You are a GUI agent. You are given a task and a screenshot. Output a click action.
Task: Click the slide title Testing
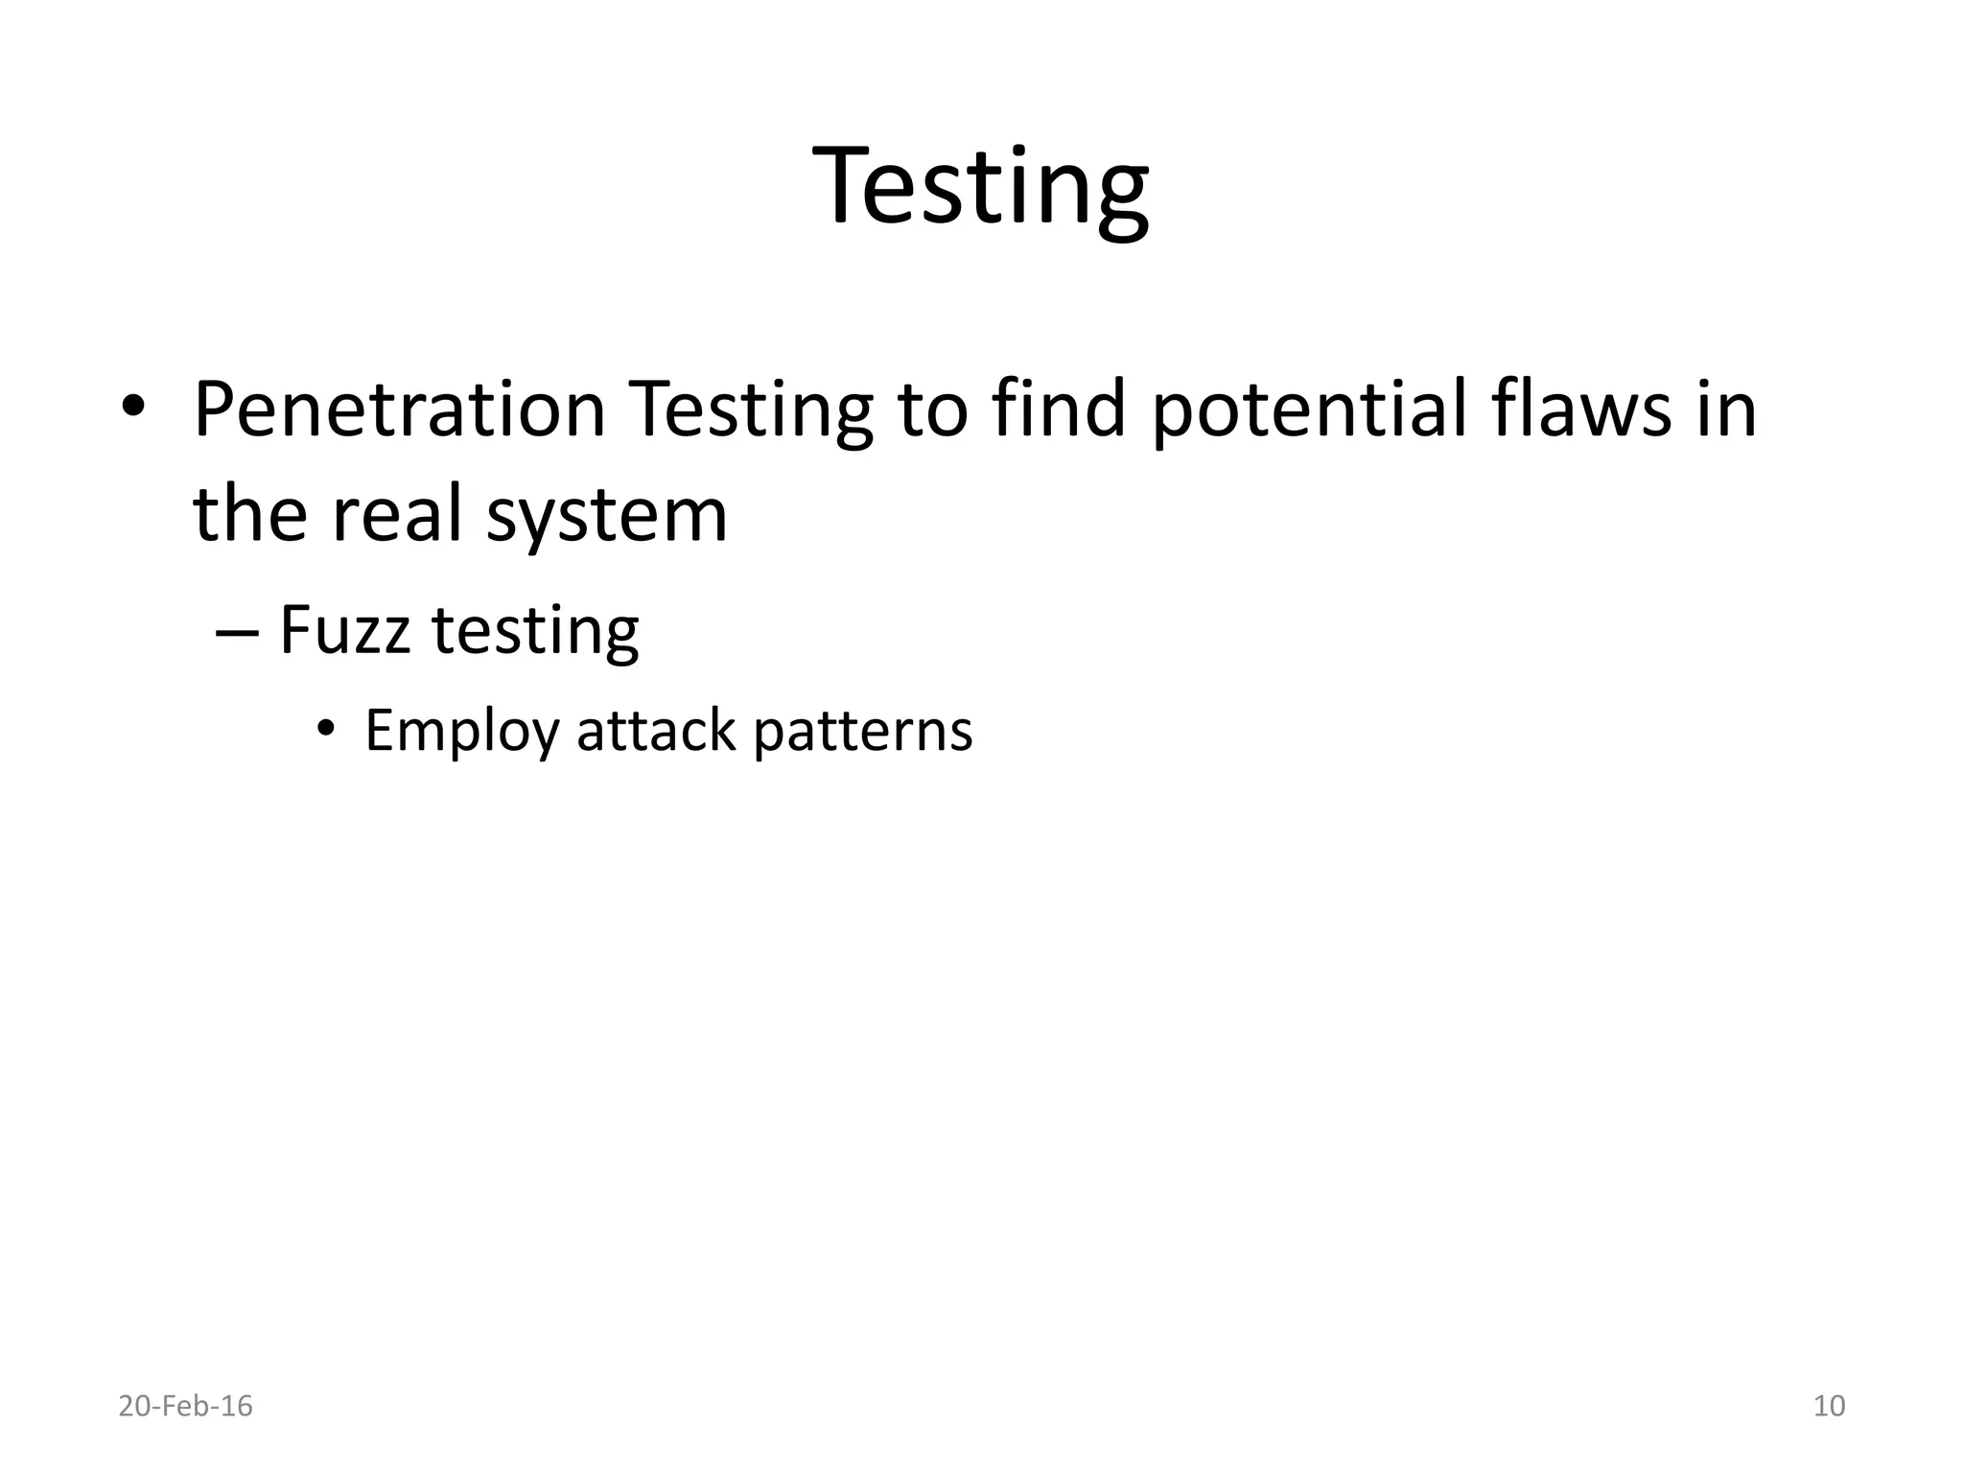click(980, 187)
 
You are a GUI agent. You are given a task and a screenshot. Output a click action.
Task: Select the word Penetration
click(399, 410)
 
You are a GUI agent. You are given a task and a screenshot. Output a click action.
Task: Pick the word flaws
click(1581, 410)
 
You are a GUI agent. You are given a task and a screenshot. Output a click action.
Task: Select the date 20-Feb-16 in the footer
click(185, 1406)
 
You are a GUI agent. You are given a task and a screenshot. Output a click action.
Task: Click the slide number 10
click(1829, 1406)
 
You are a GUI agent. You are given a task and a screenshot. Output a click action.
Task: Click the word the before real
click(250, 514)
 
